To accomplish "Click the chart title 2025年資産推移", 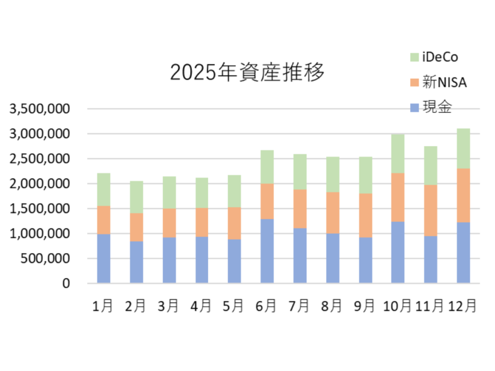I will (x=247, y=72).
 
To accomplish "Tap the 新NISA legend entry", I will (x=438, y=83).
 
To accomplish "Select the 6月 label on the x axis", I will (x=267, y=306).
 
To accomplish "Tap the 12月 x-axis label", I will (x=463, y=306).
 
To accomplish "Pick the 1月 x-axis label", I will (x=103, y=306).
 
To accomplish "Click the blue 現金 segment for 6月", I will (x=267, y=251).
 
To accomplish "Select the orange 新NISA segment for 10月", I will (x=397, y=197).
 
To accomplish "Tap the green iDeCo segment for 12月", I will (x=463, y=148).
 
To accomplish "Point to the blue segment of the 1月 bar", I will (x=103, y=258).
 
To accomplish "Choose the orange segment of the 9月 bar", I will (x=365, y=215).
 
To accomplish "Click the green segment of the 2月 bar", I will (x=136, y=197).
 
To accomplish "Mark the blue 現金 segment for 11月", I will (x=430, y=259).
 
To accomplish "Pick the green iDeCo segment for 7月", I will (x=300, y=171).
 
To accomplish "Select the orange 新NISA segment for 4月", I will (x=202, y=222).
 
